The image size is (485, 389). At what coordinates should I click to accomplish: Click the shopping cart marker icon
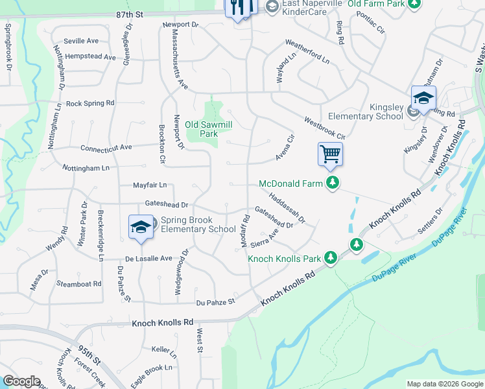[330, 154]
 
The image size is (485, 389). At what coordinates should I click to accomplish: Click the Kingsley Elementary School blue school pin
[423, 99]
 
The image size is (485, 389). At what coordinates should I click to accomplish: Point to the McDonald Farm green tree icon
[333, 183]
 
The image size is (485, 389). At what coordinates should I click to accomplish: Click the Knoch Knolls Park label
[285, 259]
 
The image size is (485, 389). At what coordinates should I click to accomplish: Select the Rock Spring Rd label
[90, 103]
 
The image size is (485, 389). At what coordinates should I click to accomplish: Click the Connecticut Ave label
[106, 148]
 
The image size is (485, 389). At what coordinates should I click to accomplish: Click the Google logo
[22, 381]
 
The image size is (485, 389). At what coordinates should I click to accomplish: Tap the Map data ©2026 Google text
[444, 384]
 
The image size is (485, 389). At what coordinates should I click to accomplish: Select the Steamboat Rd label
[79, 283]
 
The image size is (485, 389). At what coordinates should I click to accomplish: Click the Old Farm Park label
[376, 4]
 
